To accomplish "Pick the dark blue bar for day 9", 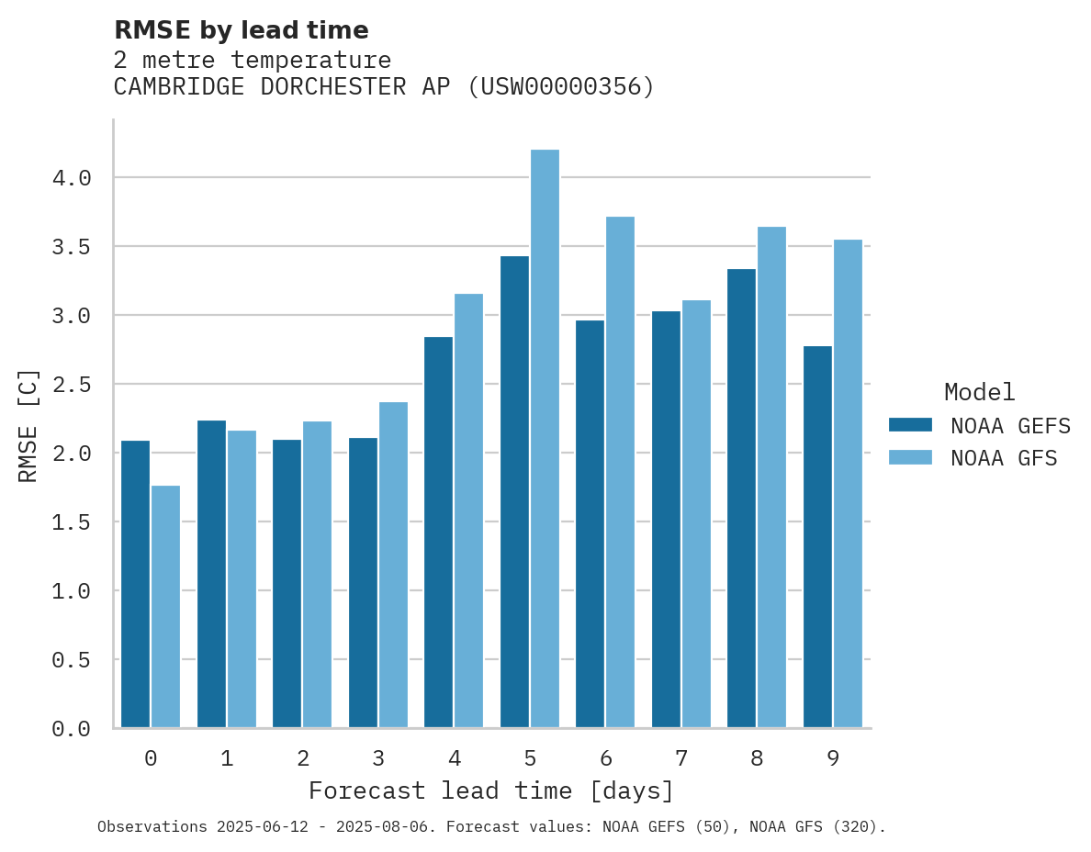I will pyautogui.click(x=817, y=537).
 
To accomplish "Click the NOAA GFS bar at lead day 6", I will pyautogui.click(x=620, y=472).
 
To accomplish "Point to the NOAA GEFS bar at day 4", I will pyautogui.click(x=438, y=532).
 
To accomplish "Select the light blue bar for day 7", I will pyautogui.click(x=696, y=514).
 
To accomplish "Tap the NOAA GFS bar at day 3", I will pyautogui.click(x=393, y=565).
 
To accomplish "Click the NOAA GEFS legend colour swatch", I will pyautogui.click(x=910, y=425).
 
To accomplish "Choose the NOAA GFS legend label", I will pyautogui.click(x=1004, y=458).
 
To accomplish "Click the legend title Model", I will pyautogui.click(x=979, y=392).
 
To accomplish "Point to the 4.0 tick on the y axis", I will pyautogui.click(x=72, y=178).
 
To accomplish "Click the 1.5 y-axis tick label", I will pyautogui.click(x=72, y=522).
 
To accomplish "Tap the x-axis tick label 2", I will pyautogui.click(x=302, y=758).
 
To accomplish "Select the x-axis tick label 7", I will pyautogui.click(x=680, y=758).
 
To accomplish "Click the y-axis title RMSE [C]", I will pyautogui.click(x=28, y=425).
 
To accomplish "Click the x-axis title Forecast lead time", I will pyautogui.click(x=490, y=790).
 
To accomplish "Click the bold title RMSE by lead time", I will pyautogui.click(x=241, y=30).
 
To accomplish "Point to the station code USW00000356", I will pyautogui.click(x=560, y=87).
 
